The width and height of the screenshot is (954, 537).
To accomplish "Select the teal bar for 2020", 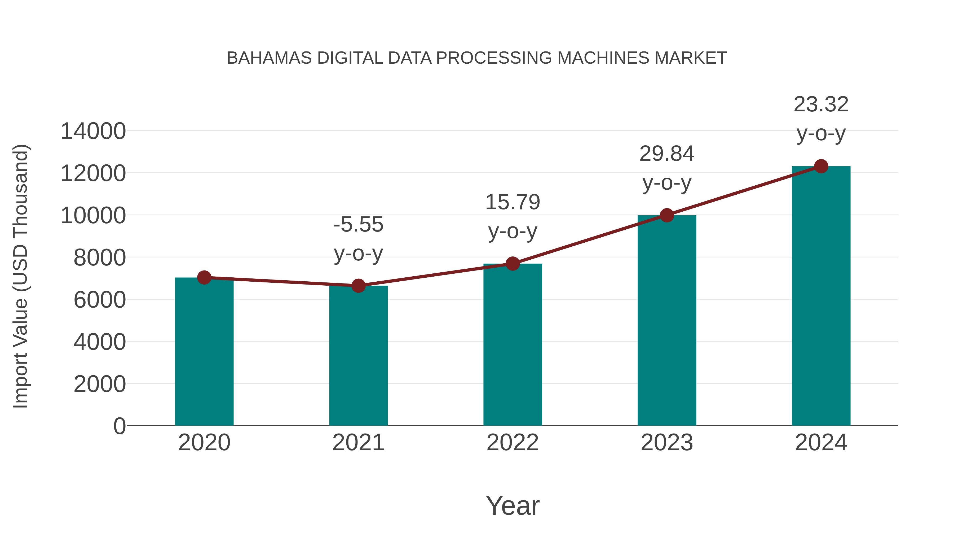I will click(x=204, y=352).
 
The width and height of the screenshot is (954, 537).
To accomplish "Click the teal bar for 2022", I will click(x=513, y=345).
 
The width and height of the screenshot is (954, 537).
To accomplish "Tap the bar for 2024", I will click(x=821, y=296).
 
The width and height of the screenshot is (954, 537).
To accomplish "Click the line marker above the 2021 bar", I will click(x=358, y=286).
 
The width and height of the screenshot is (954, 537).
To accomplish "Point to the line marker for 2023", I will click(x=667, y=215).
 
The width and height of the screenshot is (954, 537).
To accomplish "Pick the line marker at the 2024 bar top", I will click(x=821, y=166).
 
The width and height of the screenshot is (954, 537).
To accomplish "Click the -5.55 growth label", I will click(x=358, y=225).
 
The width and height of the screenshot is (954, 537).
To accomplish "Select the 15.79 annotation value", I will click(x=513, y=202).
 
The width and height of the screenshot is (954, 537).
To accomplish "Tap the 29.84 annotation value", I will click(x=667, y=154).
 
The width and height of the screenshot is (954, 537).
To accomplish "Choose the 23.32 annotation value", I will click(x=821, y=104).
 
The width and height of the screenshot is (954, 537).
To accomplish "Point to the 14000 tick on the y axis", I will click(x=93, y=131).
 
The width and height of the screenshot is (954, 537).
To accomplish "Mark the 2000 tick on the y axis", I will click(x=99, y=384).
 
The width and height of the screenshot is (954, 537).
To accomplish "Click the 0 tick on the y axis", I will click(x=119, y=426).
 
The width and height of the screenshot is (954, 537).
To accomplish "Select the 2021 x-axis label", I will click(x=358, y=443).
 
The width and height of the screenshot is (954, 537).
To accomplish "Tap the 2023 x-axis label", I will click(x=667, y=443).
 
